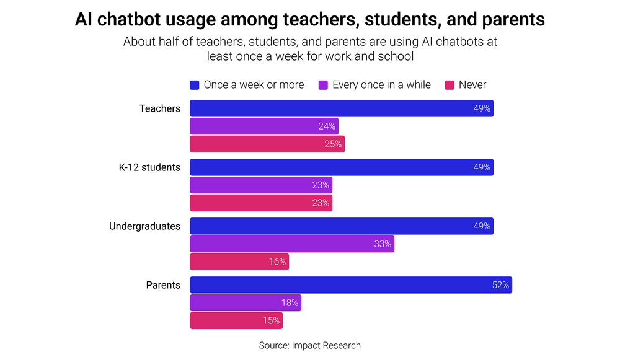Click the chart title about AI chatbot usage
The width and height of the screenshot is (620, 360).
coord(310,19)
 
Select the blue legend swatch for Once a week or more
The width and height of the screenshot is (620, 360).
coord(195,85)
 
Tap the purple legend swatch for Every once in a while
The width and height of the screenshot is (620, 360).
coord(323,85)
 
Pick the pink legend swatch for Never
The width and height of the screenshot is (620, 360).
coord(449,85)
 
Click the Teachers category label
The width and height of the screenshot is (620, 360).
coord(160,108)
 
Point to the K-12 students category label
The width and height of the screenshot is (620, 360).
coord(149,167)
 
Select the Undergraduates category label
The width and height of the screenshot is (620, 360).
coord(144,226)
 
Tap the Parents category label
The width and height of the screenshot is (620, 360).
coord(163,285)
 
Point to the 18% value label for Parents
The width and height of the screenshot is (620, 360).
coord(290,303)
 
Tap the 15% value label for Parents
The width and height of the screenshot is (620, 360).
coord(272,321)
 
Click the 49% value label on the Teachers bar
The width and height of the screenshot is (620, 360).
coord(482,108)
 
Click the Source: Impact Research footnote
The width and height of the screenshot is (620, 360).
coord(309,345)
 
